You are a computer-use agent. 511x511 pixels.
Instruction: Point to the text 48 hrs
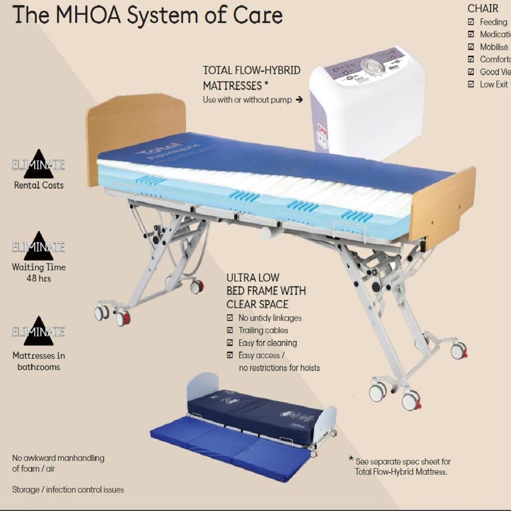click(39, 278)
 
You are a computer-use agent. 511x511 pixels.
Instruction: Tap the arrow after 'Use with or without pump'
click(299, 100)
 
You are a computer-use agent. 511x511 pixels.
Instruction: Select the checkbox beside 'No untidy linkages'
click(230, 318)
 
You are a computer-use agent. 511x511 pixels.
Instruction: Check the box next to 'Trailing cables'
click(230, 330)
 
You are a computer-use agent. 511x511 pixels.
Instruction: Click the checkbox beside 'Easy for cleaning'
click(230, 343)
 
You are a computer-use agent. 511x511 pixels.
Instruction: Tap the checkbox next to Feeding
click(471, 22)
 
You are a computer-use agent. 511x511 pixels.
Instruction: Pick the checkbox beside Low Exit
click(471, 84)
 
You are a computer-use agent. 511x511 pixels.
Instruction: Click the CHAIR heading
click(483, 8)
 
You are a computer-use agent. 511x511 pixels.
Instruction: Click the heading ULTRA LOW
click(253, 277)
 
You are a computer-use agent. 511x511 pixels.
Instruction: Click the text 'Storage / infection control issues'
click(68, 490)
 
